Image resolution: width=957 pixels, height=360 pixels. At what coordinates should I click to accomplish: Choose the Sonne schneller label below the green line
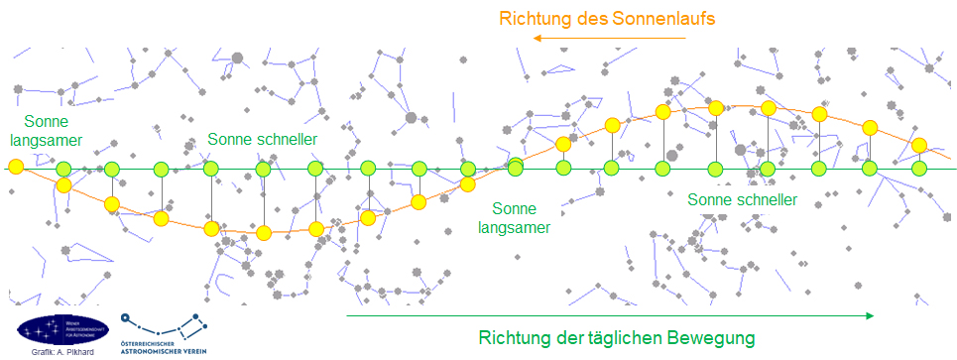(742, 199)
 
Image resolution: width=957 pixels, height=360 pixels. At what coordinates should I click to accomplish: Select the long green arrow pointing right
(610, 315)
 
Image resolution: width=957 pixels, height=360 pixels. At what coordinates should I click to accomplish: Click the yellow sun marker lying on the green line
(15, 168)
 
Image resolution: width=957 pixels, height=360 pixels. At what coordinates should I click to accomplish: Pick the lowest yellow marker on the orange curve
(264, 234)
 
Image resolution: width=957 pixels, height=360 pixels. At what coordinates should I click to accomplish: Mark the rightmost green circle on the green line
(919, 168)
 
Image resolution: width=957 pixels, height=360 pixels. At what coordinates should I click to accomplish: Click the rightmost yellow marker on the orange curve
(919, 146)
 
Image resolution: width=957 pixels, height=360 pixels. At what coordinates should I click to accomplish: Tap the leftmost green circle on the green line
(63, 168)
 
